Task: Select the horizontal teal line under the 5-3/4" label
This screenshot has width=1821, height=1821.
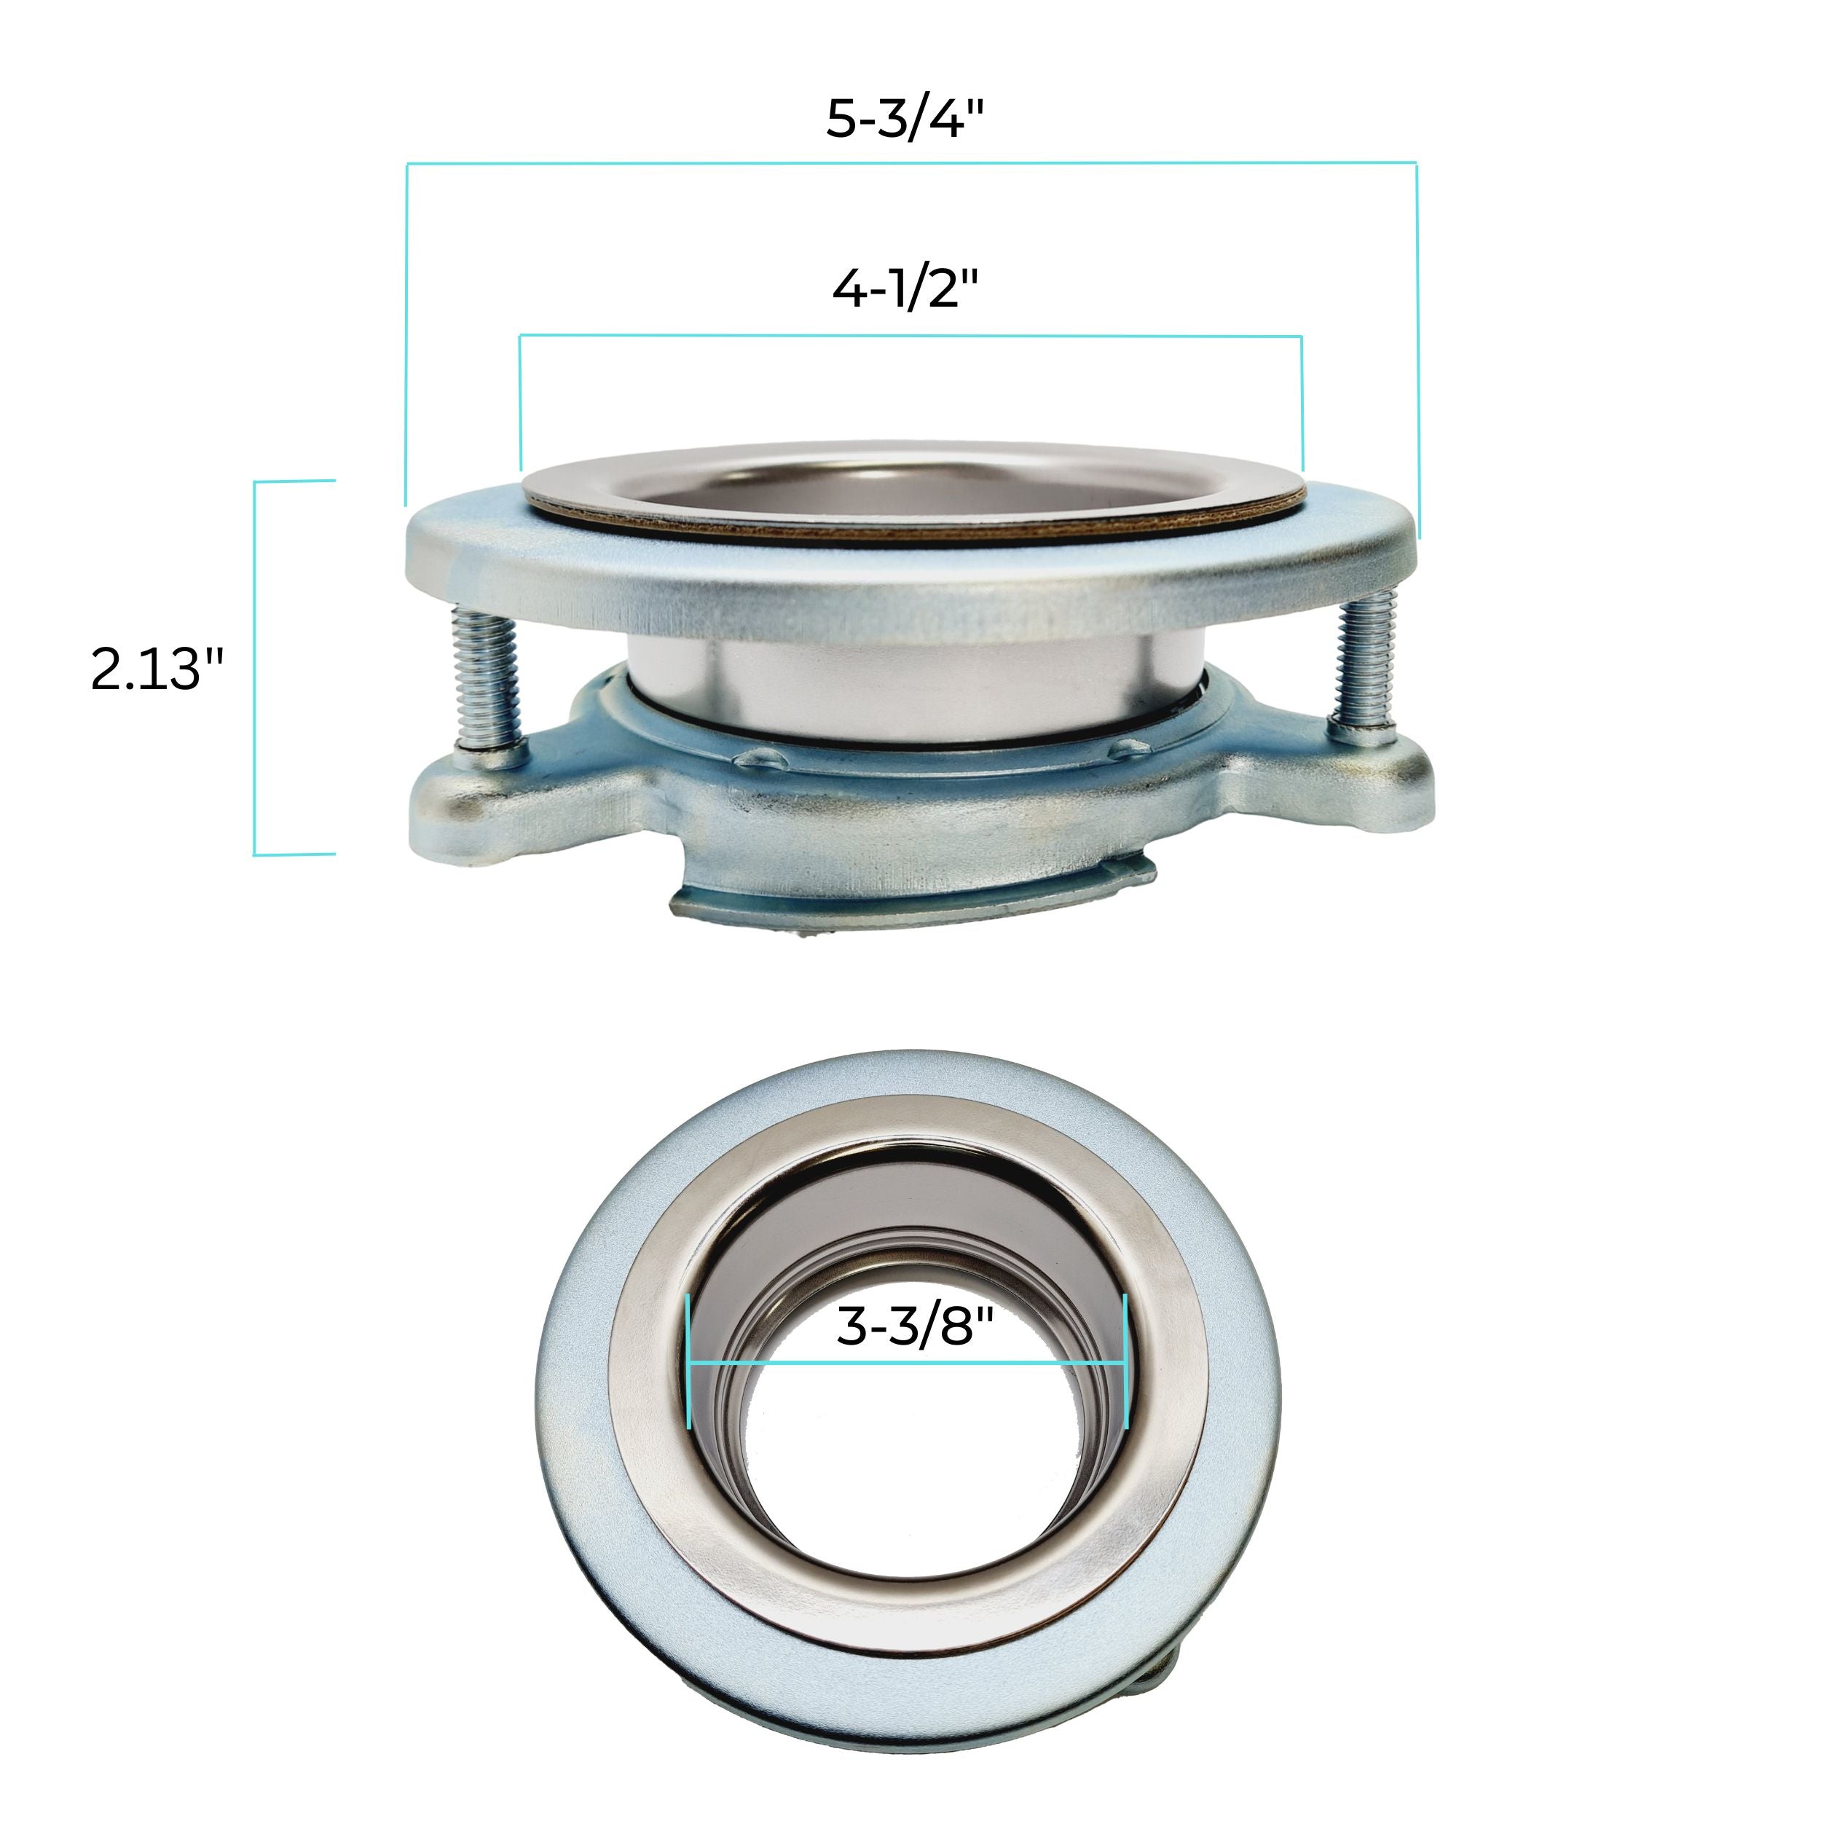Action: tap(911, 164)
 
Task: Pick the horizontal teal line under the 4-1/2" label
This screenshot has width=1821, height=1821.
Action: tap(911, 336)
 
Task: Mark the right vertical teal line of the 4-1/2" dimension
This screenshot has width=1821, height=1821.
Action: tap(1302, 401)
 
